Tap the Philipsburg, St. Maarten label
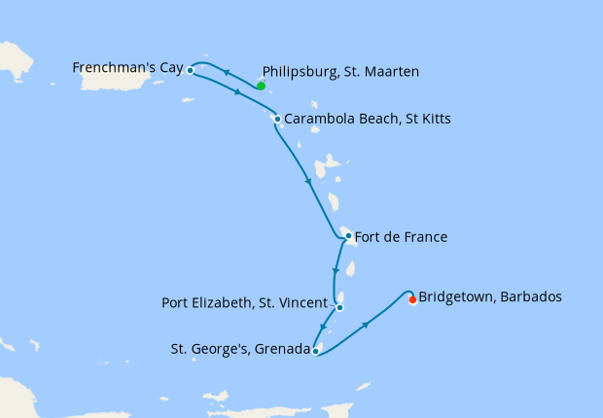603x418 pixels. click(340, 71)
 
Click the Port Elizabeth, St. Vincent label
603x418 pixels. click(243, 302)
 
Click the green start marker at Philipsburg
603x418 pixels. click(262, 86)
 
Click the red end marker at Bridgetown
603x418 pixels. click(412, 299)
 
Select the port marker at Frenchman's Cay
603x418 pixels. click(191, 70)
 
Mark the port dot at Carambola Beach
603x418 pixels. click(277, 120)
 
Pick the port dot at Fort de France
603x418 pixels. click(348, 235)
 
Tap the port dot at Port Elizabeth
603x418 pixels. click(339, 307)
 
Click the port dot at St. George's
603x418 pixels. click(316, 351)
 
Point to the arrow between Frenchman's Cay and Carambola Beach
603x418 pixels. click(238, 93)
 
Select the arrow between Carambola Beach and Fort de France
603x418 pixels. click(308, 180)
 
